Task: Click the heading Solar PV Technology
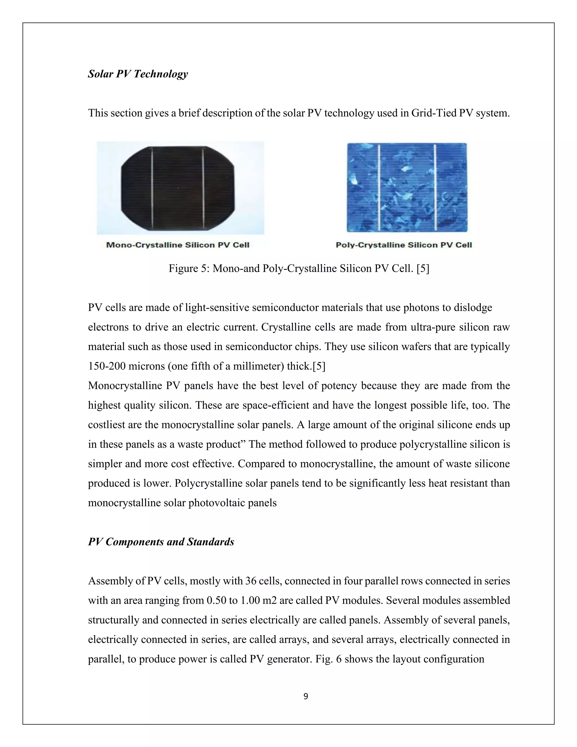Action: [138, 74]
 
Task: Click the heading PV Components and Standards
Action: [161, 542]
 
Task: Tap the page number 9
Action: [306, 696]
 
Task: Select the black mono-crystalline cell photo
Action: [178, 188]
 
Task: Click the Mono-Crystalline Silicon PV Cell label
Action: [178, 245]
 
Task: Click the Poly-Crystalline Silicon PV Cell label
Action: [404, 245]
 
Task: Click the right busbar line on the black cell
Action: [203, 188]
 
